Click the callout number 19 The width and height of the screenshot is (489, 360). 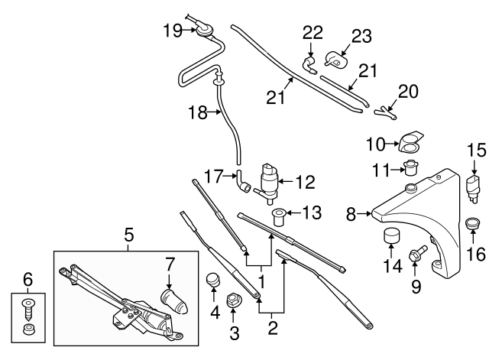tap(171, 31)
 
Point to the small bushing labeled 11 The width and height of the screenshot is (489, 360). tap(410, 168)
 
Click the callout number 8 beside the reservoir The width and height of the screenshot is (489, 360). tap(351, 215)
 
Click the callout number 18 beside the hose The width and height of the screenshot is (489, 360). tap(198, 113)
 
